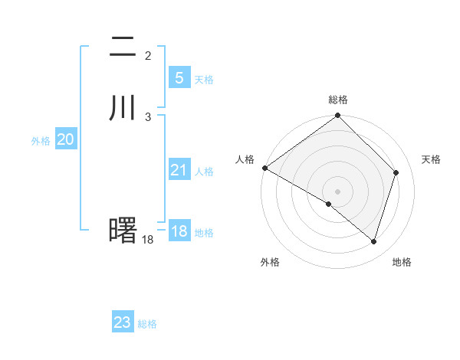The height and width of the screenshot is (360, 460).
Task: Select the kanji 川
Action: pos(123,108)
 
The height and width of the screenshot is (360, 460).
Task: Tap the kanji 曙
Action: pos(123,229)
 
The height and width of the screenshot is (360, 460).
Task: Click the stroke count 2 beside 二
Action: pos(148,56)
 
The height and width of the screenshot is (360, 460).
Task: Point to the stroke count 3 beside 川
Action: pos(148,116)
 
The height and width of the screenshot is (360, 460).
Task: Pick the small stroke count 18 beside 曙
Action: pos(147,240)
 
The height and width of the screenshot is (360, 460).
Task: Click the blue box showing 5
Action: pos(179,77)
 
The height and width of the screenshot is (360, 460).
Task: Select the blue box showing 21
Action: pos(179,170)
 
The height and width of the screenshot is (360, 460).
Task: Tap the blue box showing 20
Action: pos(65,139)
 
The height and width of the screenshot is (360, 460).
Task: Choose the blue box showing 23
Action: pos(123,322)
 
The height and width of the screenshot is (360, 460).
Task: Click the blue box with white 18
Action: pos(179,231)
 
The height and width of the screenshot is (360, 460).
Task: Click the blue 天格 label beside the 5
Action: pos(204,80)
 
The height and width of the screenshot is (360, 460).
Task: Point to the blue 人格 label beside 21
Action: pos(204,172)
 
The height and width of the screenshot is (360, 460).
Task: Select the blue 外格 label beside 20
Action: pos(41,141)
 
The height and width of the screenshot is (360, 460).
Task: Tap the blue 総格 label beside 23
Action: pos(147,324)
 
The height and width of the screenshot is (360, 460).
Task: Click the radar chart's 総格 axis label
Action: pos(338,100)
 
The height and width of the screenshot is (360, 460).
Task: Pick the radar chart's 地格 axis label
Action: pos(402,262)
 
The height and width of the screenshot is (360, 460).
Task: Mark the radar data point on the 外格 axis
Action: pos(329,204)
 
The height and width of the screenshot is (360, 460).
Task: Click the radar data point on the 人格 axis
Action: pos(264,168)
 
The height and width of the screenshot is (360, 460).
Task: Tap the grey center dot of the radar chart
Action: pos(338,191)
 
